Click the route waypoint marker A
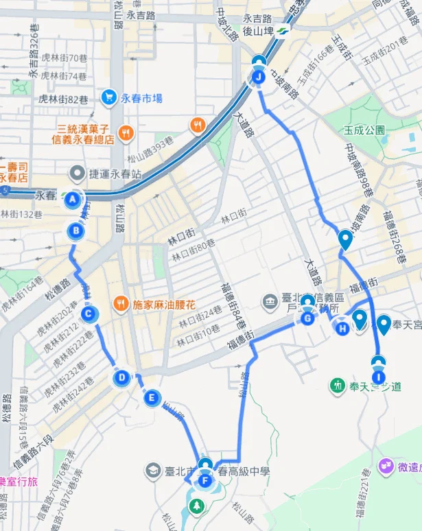pos(71,200)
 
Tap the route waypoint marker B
pos(75,231)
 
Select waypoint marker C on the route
pos(88,315)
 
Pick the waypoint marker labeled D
pos(121,377)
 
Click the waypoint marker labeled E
pos(152,397)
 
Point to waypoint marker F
pos(204,481)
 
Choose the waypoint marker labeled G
pos(307,318)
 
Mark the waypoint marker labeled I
pos(378,376)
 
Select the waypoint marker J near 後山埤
pos(258,78)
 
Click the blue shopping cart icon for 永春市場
pos(108,98)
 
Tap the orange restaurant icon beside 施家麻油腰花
pos(120,303)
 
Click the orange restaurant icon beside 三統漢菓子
pos(125,133)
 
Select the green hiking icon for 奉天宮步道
pos(337,386)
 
